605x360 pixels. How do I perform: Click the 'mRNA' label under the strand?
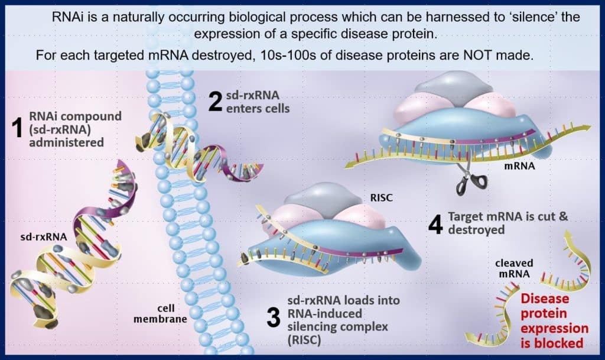(519, 167)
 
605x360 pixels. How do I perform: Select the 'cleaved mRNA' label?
(513, 268)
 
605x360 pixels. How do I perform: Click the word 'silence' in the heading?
(508, 17)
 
